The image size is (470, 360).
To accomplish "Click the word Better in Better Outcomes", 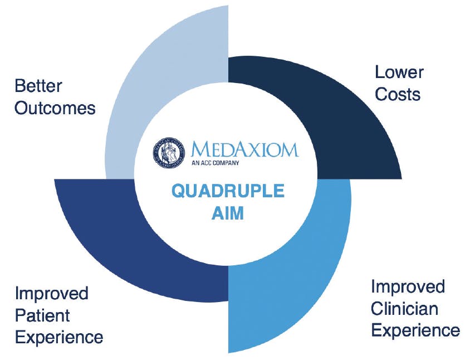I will pos(38,86).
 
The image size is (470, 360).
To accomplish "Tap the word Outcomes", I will pos(55,108).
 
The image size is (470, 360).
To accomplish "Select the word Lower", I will pos(399,72).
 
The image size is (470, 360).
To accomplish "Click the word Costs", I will pos(397,94).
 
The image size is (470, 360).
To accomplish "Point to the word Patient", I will pos(42,315).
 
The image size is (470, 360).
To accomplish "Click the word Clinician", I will pos(404,308).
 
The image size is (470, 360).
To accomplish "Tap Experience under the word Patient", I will pos(58,337).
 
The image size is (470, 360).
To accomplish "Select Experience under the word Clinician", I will pos(415,330).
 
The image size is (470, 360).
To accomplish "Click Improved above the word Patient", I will pos(52,293).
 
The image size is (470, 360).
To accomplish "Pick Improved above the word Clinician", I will pos(408,286).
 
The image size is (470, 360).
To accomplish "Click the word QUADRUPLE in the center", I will pos(228,191).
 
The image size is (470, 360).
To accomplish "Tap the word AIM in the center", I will pos(228,213).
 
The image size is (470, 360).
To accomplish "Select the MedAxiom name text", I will pos(244,149).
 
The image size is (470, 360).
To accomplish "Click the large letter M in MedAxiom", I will pos(200,149).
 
